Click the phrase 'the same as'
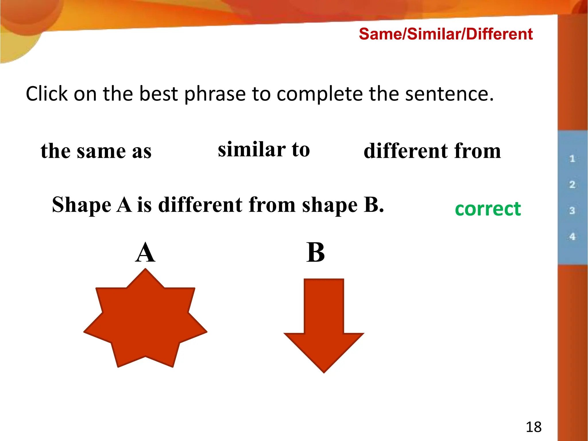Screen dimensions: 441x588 (96, 151)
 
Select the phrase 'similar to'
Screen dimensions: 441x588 (264, 150)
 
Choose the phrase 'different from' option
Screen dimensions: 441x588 (432, 151)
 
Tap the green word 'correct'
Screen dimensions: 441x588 (488, 209)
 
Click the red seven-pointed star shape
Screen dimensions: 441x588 (145, 322)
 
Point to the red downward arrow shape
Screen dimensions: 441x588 (324, 324)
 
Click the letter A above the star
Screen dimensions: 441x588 (145, 253)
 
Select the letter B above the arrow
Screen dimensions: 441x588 (315, 253)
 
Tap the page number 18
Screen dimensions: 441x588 (533, 427)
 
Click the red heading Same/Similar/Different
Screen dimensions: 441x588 (446, 34)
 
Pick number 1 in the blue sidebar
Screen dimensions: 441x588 (572, 158)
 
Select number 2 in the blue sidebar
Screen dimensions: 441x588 (572, 184)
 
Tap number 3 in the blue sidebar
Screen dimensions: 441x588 (572, 210)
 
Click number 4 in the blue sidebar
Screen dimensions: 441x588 (572, 237)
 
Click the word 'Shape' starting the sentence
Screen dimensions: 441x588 (82, 205)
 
